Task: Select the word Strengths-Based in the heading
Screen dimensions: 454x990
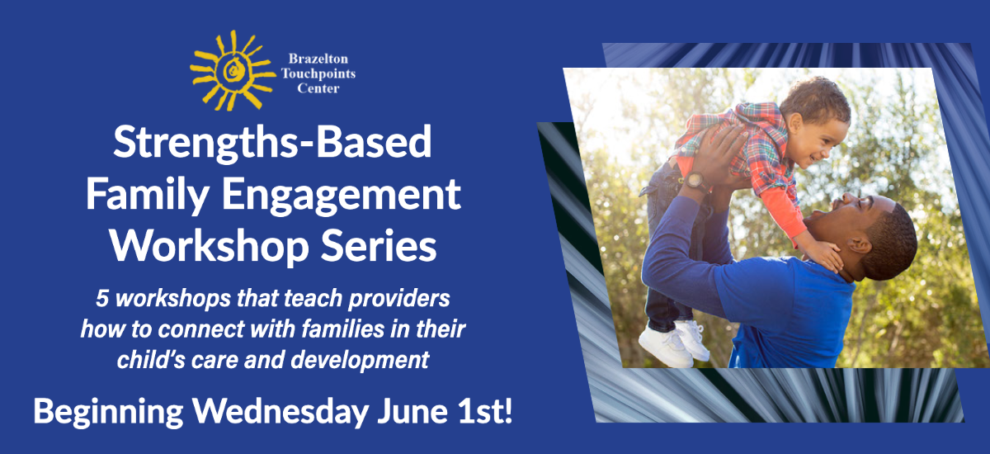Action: coord(272,144)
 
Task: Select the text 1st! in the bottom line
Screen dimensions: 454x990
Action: coord(484,412)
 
